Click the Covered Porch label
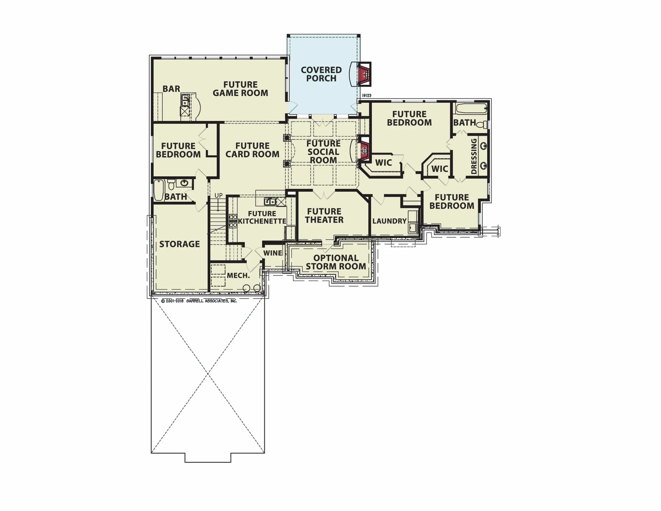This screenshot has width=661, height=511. tap(321, 74)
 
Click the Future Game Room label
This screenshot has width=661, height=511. tap(240, 89)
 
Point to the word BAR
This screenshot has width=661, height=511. tap(171, 89)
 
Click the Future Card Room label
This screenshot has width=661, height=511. tap(252, 150)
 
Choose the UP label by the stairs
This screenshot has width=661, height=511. tap(218, 195)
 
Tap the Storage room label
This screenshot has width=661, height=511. tap(179, 244)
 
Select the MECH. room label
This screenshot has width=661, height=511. tap(238, 276)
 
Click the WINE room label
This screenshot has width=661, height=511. tap(273, 253)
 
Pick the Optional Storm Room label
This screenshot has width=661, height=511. tap(335, 262)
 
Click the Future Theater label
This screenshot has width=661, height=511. tap(324, 215)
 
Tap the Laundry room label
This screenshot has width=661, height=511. tap(389, 221)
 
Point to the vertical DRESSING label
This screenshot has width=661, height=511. tap(474, 156)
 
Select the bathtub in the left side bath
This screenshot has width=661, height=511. tap(159, 190)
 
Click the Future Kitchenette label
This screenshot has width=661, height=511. tap(262, 217)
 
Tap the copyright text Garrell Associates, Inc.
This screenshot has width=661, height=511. tap(199, 301)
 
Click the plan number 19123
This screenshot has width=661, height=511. tap(367, 96)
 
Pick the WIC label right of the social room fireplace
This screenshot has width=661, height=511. tap(383, 162)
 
